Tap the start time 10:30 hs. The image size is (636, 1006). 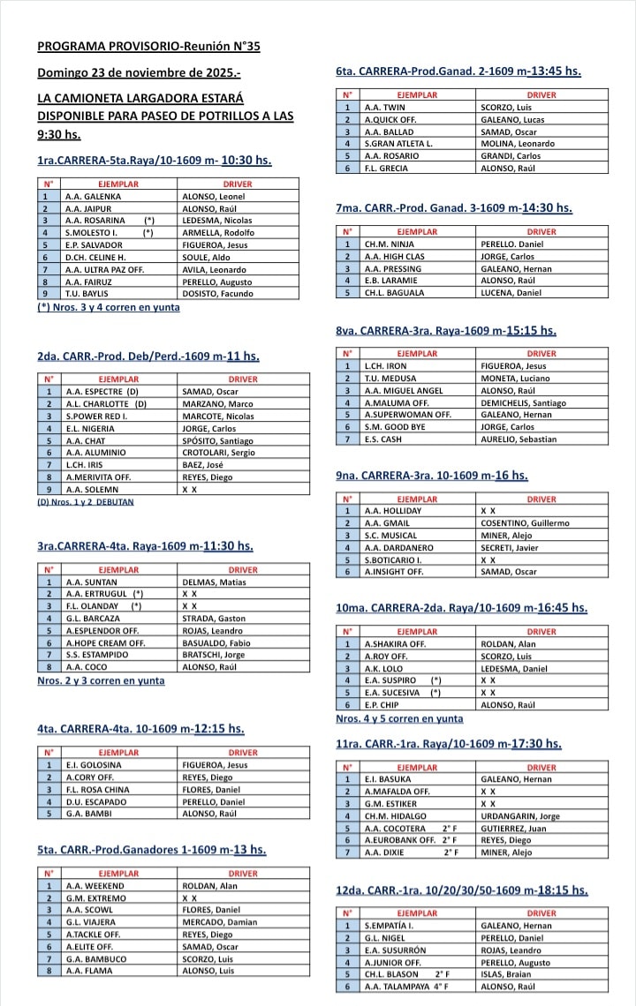pyautogui.click(x=246, y=161)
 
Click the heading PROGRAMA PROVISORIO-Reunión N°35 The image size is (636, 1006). pyautogui.click(x=148, y=47)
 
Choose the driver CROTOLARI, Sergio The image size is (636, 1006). pyautogui.click(x=218, y=452)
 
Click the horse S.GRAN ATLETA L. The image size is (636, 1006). pyautogui.click(x=398, y=143)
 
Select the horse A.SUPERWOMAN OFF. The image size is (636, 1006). pyautogui.click(x=407, y=414)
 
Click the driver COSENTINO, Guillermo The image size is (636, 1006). pyautogui.click(x=525, y=523)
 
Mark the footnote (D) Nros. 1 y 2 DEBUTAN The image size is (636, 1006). pyautogui.click(x=92, y=502)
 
